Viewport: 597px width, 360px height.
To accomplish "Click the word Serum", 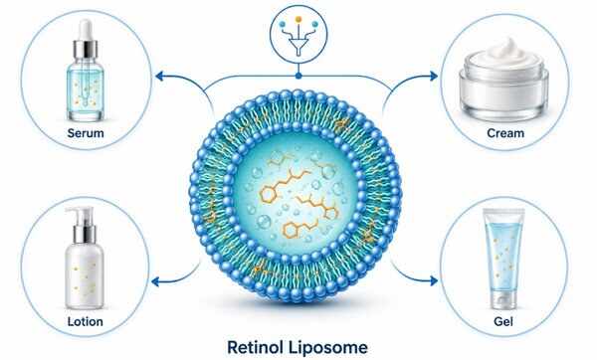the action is pyautogui.click(x=86, y=133).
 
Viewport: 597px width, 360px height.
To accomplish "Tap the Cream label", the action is pyautogui.click(x=505, y=133).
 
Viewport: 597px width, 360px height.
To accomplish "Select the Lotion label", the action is pyautogui.click(x=86, y=321).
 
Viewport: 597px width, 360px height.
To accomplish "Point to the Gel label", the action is pyautogui.click(x=503, y=321).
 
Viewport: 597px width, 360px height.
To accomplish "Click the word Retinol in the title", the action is pyautogui.click(x=255, y=347).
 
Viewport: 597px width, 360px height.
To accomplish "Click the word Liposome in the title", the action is pyautogui.click(x=327, y=347).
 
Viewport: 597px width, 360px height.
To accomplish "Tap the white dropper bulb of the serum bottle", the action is pyautogui.click(x=86, y=30).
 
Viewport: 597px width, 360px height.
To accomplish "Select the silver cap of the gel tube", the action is pyautogui.click(x=503, y=299).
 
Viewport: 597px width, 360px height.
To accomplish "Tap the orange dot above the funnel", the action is pyautogui.click(x=298, y=19).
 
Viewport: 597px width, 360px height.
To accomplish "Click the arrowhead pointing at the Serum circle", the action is pyautogui.click(x=160, y=77).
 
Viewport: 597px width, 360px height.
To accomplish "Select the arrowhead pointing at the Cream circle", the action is pyautogui.click(x=433, y=77).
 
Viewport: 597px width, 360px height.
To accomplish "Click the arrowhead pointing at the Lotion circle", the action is pyautogui.click(x=156, y=282).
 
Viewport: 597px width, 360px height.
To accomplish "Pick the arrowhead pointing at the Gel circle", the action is pyautogui.click(x=433, y=280).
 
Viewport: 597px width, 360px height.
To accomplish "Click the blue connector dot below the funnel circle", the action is pyautogui.click(x=298, y=77).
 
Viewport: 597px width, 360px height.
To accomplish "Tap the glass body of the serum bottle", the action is pyautogui.click(x=86, y=90).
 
